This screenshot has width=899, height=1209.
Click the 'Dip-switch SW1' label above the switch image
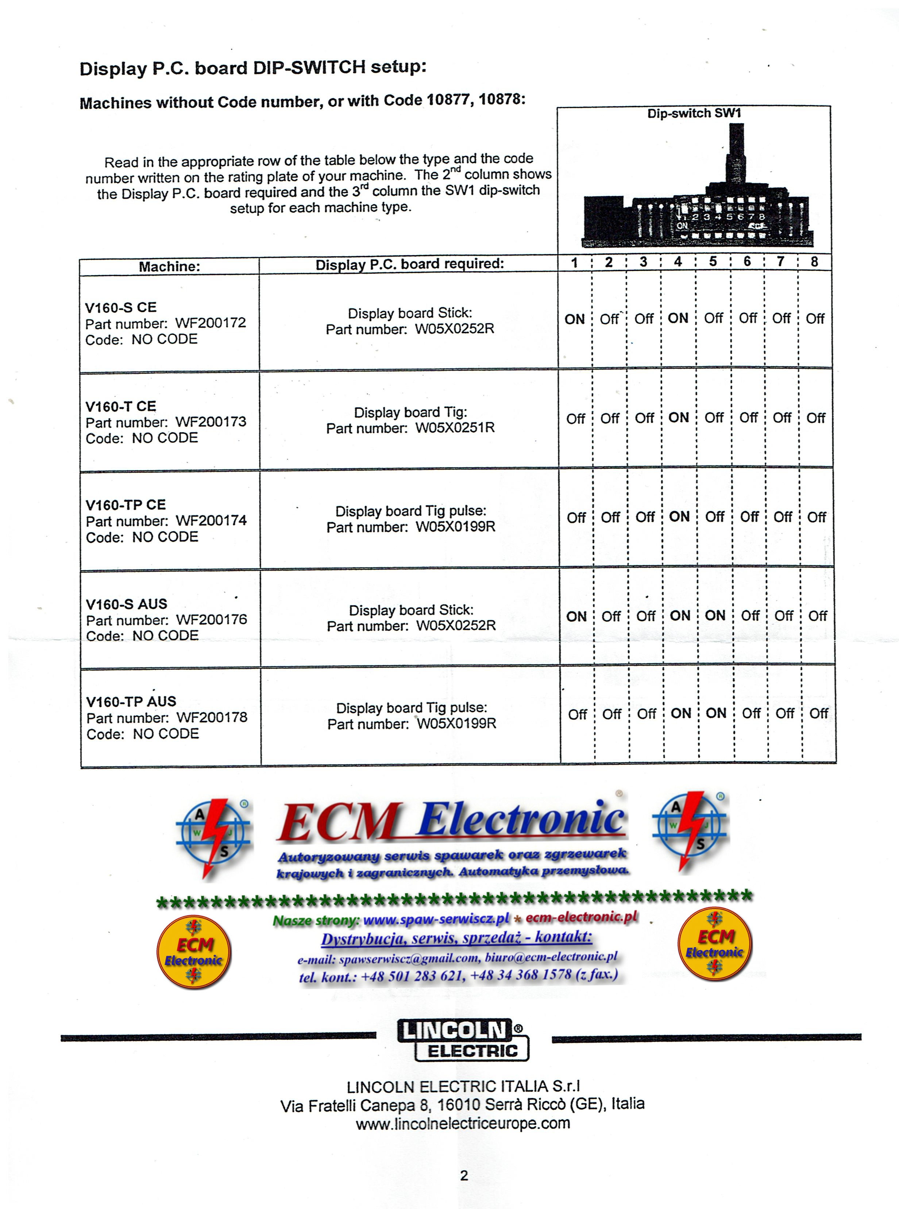pos(694,113)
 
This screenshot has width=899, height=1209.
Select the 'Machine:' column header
pos(169,266)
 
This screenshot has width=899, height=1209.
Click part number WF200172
pos(210,323)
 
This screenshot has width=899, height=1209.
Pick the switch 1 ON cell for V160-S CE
pos(574,319)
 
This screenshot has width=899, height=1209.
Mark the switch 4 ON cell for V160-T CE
pos(679,418)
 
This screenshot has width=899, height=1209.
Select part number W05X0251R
pos(455,428)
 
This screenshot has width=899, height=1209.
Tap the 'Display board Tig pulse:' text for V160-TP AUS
pos(412,708)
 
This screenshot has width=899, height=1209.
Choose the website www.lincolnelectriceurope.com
pos(463,1123)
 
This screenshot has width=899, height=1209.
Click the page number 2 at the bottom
pos(464,1176)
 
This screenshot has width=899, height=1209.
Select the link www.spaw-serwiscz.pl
pos(436,920)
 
